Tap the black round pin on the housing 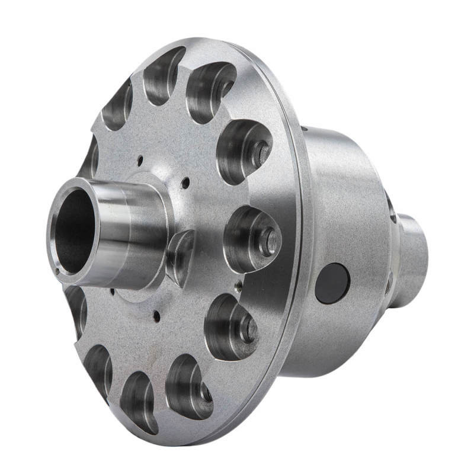332,283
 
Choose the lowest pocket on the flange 139,402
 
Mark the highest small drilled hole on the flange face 140,159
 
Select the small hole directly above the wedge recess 185,182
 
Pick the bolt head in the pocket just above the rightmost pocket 261,153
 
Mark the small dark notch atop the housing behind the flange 304,128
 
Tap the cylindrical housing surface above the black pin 338,196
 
